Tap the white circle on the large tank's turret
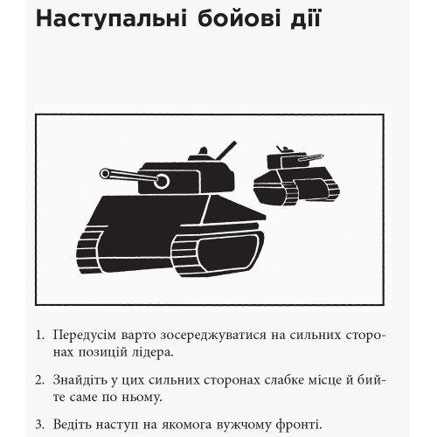161,181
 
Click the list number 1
39,336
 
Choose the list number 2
39,380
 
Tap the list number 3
39,425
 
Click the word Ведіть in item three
72,425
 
